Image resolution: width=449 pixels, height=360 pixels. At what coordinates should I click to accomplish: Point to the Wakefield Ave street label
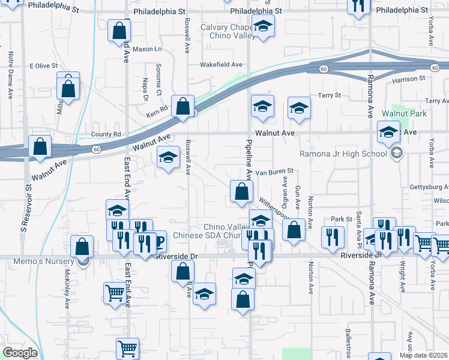point(221,64)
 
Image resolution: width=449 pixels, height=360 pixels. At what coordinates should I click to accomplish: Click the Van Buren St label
point(274,171)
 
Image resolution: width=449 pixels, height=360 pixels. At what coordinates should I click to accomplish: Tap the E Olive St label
point(44,65)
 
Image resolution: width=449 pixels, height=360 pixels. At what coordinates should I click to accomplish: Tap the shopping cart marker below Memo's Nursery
point(115,293)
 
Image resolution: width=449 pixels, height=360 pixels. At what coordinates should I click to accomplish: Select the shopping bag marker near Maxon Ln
point(119,30)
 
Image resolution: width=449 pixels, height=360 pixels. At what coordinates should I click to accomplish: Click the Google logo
point(20,353)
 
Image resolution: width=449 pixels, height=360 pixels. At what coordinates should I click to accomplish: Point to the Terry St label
point(329,95)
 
